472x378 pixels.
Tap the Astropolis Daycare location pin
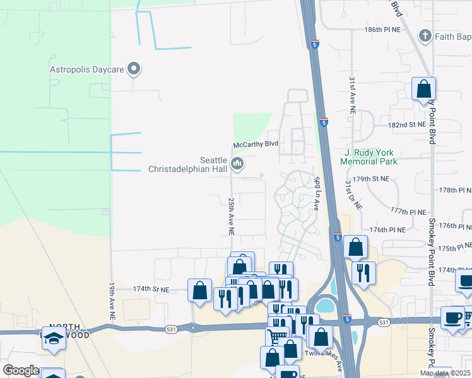(133, 69)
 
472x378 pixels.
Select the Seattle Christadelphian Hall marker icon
(237, 164)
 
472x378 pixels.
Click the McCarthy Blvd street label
(256, 144)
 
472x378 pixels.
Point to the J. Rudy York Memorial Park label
(369, 157)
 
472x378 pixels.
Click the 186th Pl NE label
(382, 30)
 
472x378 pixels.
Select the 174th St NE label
(151, 289)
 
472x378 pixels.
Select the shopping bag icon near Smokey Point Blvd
(423, 89)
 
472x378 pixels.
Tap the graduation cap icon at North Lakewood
(54, 338)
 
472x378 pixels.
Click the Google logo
(21, 370)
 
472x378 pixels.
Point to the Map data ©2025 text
(445, 373)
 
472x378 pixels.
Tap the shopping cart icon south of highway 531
(277, 338)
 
